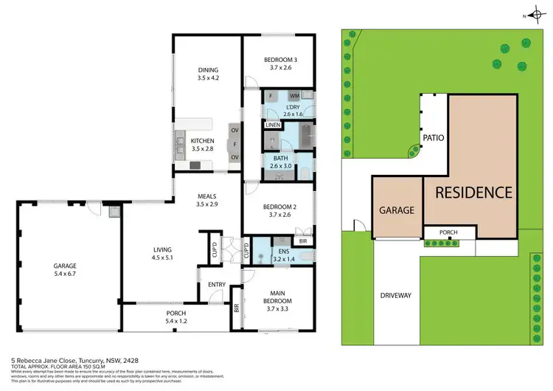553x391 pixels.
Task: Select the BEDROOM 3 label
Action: coord(279,58)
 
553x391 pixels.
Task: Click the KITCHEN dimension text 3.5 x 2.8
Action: coord(202,149)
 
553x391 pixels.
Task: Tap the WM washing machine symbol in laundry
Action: coord(293,96)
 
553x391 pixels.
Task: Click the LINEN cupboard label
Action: coord(274,126)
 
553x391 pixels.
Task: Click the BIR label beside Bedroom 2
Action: coord(302,241)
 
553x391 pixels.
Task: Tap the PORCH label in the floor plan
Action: coord(175,313)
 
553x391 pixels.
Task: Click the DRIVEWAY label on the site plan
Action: coord(397,295)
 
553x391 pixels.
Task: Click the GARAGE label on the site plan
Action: coord(397,210)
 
